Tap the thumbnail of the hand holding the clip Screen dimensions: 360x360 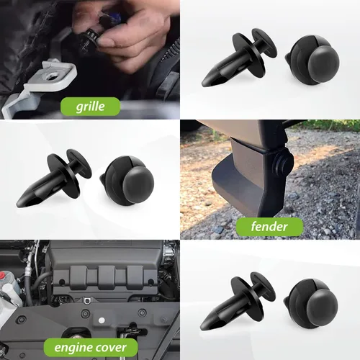(90, 58)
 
